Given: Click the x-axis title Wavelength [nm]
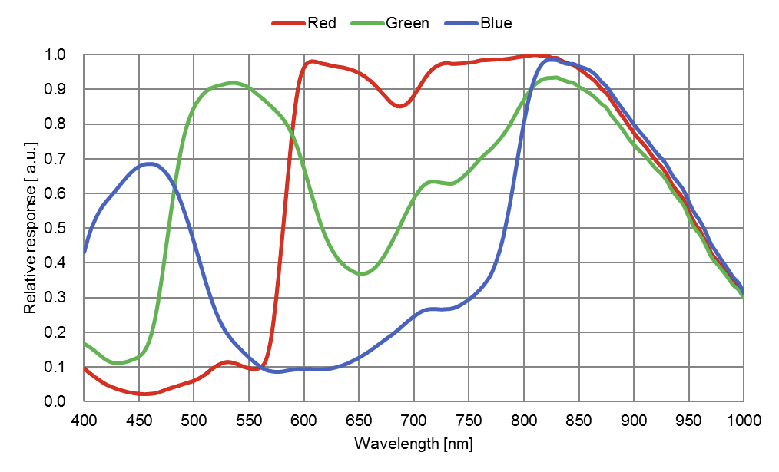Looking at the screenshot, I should [x=413, y=444].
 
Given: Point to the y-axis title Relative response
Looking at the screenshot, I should [x=31, y=227].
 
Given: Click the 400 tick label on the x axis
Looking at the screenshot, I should [x=85, y=420].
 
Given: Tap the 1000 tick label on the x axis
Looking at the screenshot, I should [x=743, y=420].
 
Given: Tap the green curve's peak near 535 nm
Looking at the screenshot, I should [x=232, y=83].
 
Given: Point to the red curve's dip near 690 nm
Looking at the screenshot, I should [x=399, y=106].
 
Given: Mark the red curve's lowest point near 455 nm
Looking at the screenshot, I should [x=144, y=394].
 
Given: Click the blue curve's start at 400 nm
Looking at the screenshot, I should [x=85, y=252].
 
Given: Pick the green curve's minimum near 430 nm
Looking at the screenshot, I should [x=117, y=363].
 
